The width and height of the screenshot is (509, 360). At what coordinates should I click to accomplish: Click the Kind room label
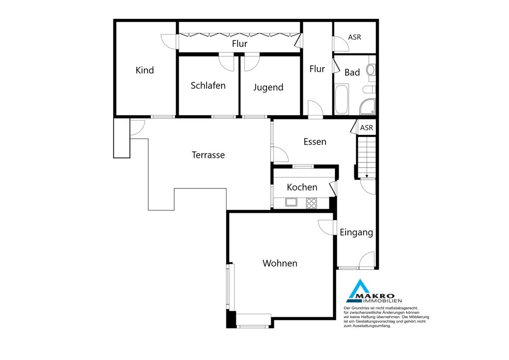(145, 70)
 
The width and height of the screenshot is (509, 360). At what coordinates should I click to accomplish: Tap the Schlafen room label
(208, 86)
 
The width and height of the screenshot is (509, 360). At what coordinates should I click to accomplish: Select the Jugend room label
(268, 87)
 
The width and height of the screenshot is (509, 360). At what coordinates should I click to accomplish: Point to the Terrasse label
(208, 155)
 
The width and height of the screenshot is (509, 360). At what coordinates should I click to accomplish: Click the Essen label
(315, 142)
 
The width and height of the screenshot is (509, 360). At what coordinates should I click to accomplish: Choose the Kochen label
(302, 187)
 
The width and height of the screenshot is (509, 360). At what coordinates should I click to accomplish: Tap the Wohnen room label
(280, 263)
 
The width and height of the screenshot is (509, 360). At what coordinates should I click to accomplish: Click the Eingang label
(356, 232)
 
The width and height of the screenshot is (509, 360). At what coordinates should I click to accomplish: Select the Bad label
(352, 72)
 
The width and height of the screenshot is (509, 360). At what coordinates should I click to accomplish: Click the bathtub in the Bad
(342, 99)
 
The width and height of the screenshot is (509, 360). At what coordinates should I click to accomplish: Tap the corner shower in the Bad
(367, 106)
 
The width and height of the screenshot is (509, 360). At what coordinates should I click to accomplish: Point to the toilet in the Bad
(369, 89)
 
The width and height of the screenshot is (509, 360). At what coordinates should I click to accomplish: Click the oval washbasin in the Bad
(371, 70)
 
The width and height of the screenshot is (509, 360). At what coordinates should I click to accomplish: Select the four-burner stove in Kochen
(312, 203)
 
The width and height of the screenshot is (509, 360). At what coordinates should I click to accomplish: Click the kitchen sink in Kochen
(291, 202)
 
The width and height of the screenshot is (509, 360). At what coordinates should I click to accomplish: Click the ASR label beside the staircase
(366, 128)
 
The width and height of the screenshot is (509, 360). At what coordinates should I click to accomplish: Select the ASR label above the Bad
(354, 37)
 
